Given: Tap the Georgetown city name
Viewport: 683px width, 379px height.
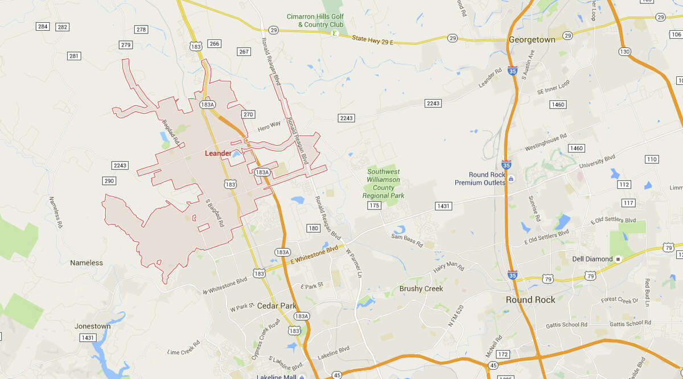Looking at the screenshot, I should click(x=531, y=40).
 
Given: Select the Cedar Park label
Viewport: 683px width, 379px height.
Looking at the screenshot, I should click(x=276, y=306).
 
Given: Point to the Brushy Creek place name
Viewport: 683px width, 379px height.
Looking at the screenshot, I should click(x=421, y=289).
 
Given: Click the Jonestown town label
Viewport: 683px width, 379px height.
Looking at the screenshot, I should click(x=92, y=326).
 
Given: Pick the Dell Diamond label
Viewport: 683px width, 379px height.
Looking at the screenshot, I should click(x=592, y=259).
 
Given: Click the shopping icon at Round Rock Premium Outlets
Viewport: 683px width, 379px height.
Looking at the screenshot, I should click(x=511, y=179).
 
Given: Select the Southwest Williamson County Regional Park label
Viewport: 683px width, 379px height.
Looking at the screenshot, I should click(x=383, y=183).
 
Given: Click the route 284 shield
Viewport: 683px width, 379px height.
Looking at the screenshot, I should click(x=43, y=27).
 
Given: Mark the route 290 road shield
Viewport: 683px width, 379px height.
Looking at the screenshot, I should click(x=109, y=181).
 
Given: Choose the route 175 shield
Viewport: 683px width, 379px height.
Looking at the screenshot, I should click(x=374, y=205).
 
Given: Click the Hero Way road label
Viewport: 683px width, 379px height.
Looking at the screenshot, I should click(x=269, y=125).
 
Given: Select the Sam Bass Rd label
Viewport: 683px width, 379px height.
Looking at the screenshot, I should click(x=407, y=240).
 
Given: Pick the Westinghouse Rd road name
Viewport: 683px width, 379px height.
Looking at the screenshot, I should click(x=545, y=144).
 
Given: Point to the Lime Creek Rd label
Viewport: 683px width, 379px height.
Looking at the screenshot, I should click(x=183, y=348).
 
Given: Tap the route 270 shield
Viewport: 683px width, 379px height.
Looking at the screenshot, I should click(x=248, y=114).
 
